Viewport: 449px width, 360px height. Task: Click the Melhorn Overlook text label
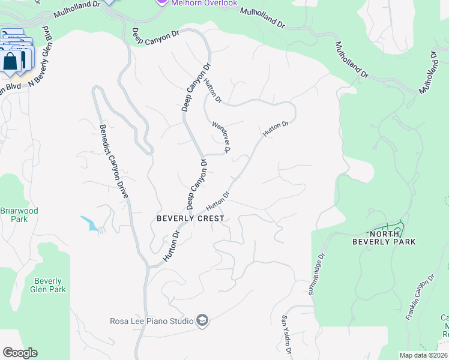(x=204, y=3)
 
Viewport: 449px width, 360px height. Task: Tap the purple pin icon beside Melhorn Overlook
(x=160, y=2)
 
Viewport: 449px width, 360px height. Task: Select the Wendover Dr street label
(x=221, y=137)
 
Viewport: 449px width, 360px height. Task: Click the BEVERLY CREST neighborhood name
(x=190, y=219)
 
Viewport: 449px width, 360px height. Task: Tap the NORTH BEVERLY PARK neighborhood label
(x=393, y=238)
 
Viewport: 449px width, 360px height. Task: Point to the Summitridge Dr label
(x=317, y=273)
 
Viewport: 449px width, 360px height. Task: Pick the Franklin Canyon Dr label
(x=420, y=298)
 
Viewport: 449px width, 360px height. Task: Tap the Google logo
(x=20, y=353)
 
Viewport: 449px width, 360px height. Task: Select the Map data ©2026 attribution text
(x=423, y=355)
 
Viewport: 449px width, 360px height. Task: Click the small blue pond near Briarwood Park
(x=89, y=223)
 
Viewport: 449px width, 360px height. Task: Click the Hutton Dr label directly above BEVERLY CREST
(x=218, y=201)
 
